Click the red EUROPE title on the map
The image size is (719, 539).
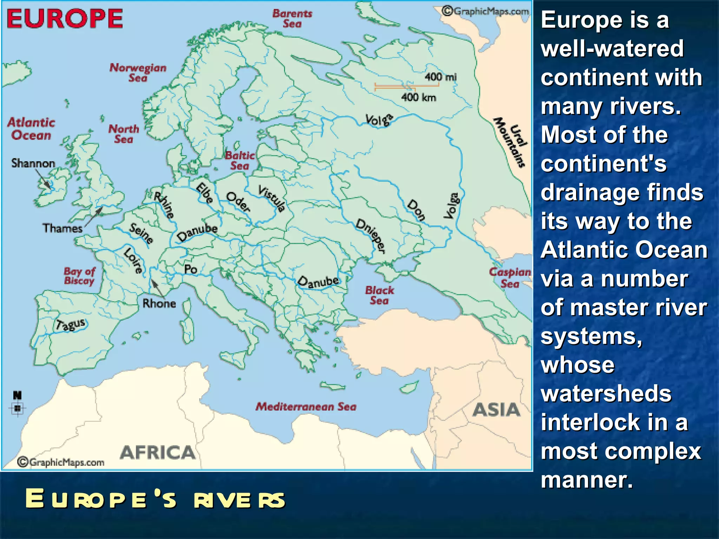pyautogui.click(x=65, y=19)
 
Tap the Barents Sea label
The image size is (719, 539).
pyautogui.click(x=292, y=19)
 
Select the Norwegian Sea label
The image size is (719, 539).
pyautogui.click(x=138, y=72)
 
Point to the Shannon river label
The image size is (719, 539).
pyautogui.click(x=33, y=163)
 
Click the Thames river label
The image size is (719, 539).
pyautogui.click(x=62, y=228)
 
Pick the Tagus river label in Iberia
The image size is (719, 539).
pyautogui.click(x=71, y=324)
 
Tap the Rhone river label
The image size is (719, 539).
pyautogui.click(x=159, y=304)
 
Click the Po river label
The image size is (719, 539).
pyautogui.click(x=191, y=269)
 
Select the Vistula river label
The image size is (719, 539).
pyautogui.click(x=272, y=199)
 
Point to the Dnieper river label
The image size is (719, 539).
pyautogui.click(x=371, y=235)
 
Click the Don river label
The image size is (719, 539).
pyautogui.click(x=416, y=210)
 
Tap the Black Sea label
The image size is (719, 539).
pyautogui.click(x=380, y=295)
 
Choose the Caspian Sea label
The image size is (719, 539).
pyautogui.click(x=510, y=278)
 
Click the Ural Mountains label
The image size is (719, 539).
pyautogui.click(x=511, y=142)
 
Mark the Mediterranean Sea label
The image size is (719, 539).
pyautogui.click(x=306, y=407)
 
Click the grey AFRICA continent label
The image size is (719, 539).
pyautogui.click(x=158, y=453)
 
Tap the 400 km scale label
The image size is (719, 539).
pyautogui.click(x=419, y=97)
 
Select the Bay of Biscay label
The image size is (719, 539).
pyautogui.click(x=79, y=276)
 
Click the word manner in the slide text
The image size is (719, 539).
pyautogui.click(x=587, y=480)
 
